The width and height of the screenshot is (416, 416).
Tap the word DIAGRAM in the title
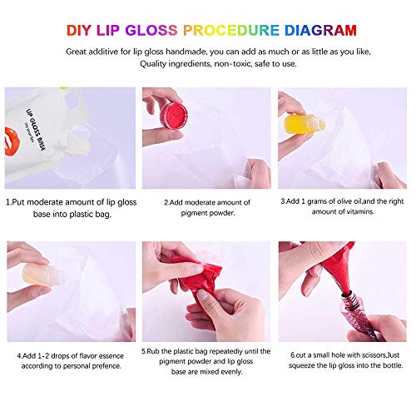click(319, 31)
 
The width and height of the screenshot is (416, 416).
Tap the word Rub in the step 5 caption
click(154, 351)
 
